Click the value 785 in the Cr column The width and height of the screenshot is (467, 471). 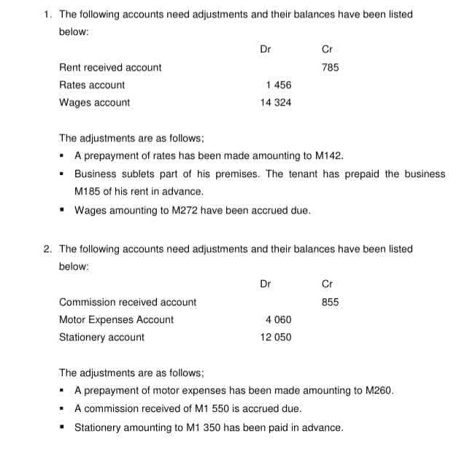click(331, 67)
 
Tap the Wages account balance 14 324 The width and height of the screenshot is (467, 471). click(276, 103)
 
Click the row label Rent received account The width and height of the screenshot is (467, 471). click(110, 67)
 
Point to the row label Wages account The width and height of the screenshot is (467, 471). click(94, 103)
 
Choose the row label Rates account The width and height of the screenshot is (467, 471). click(92, 85)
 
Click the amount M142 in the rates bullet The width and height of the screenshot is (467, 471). click(328, 155)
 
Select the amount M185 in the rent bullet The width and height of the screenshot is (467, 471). click(88, 192)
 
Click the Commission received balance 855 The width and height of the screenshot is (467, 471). click(331, 302)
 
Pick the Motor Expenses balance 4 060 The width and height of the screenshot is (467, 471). click(279, 319)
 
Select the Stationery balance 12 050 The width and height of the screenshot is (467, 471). click(276, 337)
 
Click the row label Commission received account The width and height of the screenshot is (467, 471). click(128, 302)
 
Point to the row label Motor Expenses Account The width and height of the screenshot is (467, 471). click(116, 319)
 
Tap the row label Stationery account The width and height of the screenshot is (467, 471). click(101, 337)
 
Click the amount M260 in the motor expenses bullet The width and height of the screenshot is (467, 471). click(379, 390)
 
